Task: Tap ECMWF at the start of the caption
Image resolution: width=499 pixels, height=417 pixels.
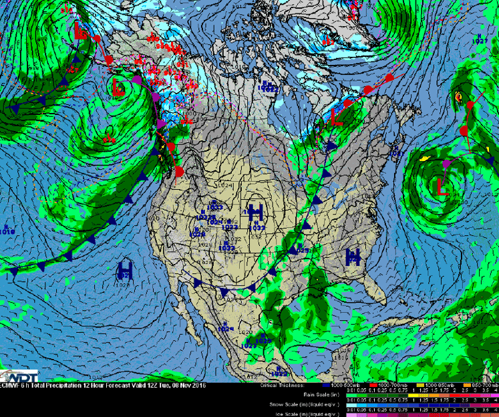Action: pos(8,386)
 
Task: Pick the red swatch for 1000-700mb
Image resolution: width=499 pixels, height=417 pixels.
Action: pos(366,386)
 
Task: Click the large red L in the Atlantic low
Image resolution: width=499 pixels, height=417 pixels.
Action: pos(442,185)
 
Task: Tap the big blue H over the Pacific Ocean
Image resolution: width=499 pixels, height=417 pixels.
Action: pos(124,269)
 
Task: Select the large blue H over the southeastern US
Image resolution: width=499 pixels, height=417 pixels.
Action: pos(353,255)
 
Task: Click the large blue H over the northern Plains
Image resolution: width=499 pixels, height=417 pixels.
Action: pos(256,212)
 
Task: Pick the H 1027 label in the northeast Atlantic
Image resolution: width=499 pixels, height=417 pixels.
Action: pos(478,39)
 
